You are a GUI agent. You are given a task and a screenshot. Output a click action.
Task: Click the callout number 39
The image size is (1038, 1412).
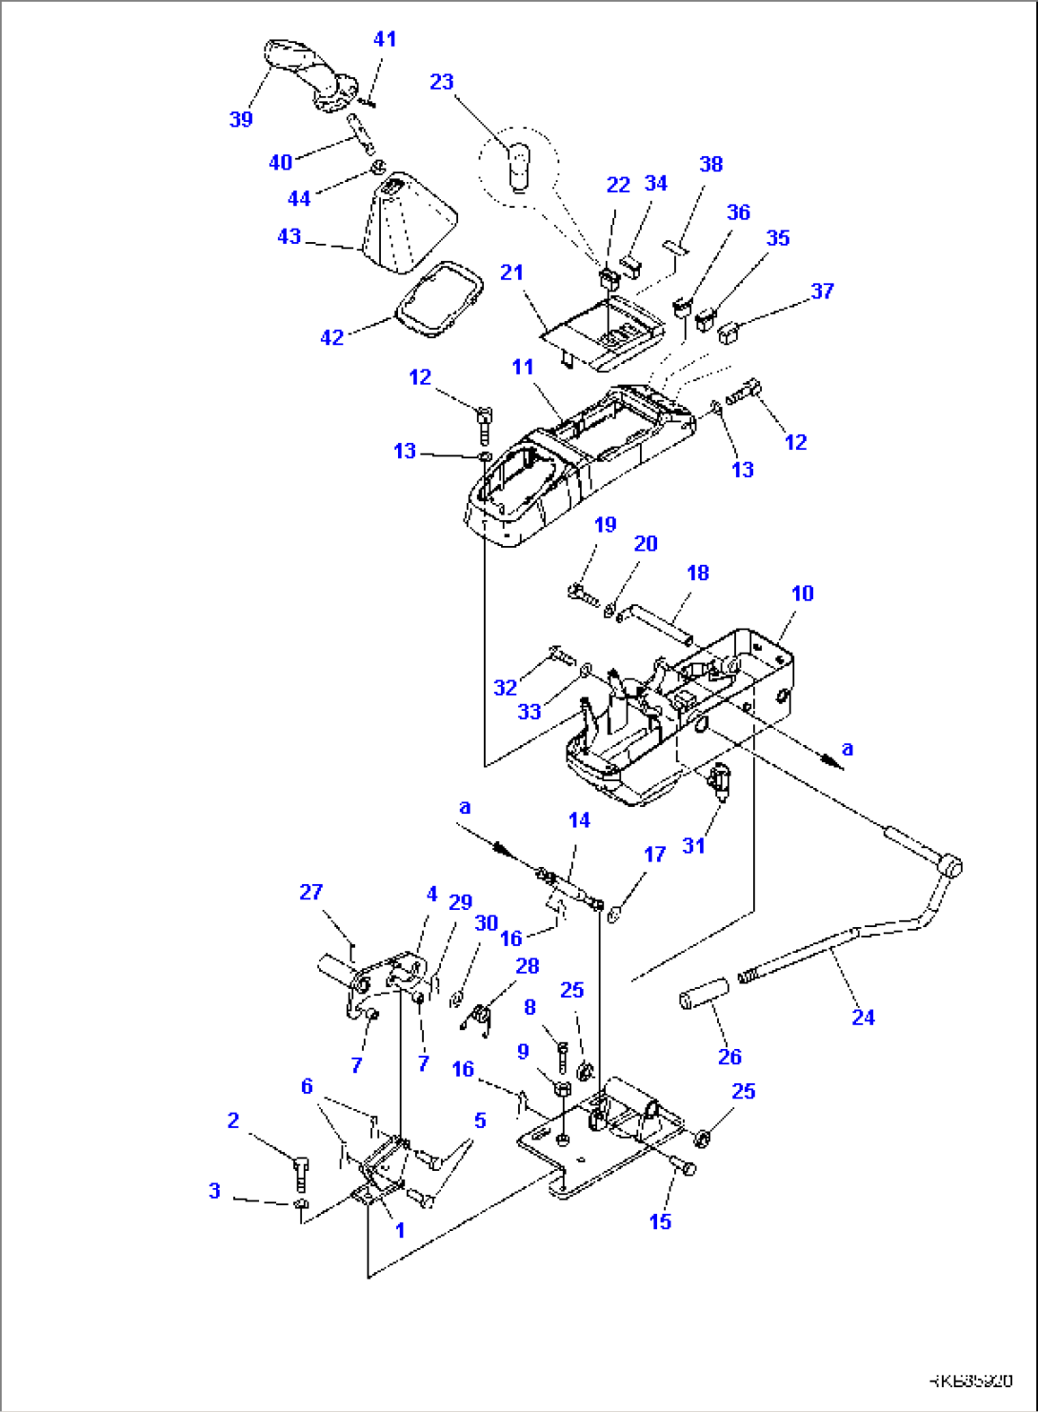tap(241, 119)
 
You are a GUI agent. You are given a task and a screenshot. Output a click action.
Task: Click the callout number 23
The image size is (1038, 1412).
tap(441, 82)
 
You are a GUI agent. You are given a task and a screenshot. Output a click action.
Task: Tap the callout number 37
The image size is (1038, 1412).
tap(822, 291)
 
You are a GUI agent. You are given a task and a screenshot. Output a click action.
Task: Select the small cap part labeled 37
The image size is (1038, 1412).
tap(731, 333)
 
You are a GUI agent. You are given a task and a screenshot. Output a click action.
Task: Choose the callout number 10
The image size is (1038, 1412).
tap(802, 593)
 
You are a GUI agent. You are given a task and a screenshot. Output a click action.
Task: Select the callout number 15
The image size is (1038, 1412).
tap(660, 1221)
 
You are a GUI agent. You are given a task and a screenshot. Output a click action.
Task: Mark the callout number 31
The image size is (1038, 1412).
tap(693, 845)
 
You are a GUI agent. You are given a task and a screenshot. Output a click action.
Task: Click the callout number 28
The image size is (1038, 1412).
tap(527, 966)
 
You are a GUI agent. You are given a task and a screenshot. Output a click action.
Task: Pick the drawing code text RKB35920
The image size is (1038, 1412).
tap(970, 1380)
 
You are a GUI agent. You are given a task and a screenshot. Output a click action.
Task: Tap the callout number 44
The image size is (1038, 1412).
tap(299, 198)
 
